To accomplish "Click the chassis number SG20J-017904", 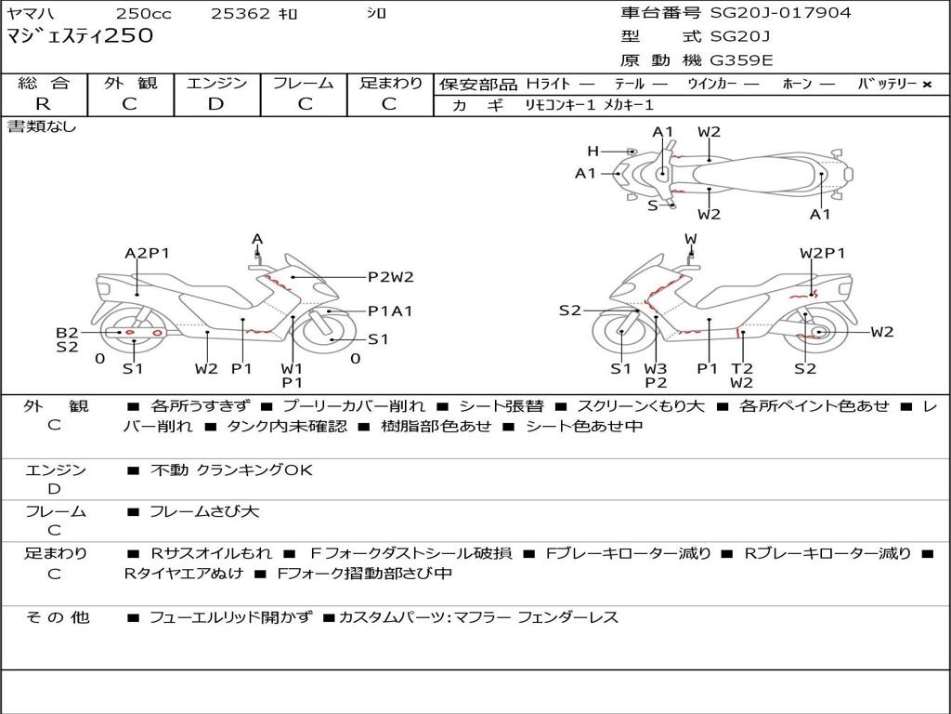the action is [x=780, y=13].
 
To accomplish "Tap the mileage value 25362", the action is [x=241, y=14].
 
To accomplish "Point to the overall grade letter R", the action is [x=43, y=104].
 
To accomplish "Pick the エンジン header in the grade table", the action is [x=216, y=83].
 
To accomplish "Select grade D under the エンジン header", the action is [x=216, y=104].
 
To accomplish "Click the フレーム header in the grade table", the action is [x=304, y=83].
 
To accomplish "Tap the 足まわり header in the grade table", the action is [x=391, y=83].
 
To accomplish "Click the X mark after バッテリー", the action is [x=926, y=85].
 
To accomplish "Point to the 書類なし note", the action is [x=42, y=126].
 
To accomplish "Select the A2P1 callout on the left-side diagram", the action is [x=147, y=253].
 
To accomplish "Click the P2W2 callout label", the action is [x=390, y=276].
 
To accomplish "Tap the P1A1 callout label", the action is [x=390, y=311].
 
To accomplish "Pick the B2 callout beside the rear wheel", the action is [x=67, y=333].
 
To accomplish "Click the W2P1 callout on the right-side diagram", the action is [x=822, y=253].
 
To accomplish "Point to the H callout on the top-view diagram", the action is [x=593, y=151].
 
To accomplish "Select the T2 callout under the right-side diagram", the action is [x=741, y=368].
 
